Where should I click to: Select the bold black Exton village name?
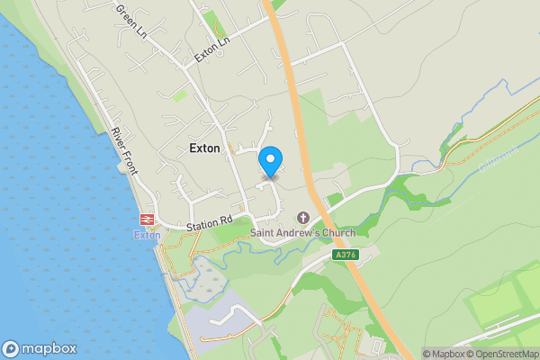coord(204,148)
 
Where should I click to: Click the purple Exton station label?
coord(147,235)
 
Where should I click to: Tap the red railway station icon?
coord(146,219)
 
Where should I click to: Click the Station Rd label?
coord(210,220)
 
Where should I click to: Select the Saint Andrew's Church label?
coord(302,233)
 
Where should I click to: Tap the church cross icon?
coord(302,218)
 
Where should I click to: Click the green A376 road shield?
coord(344,256)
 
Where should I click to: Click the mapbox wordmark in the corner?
coord(49,349)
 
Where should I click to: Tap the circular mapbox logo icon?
coord(12,349)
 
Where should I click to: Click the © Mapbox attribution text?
coord(445,354)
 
